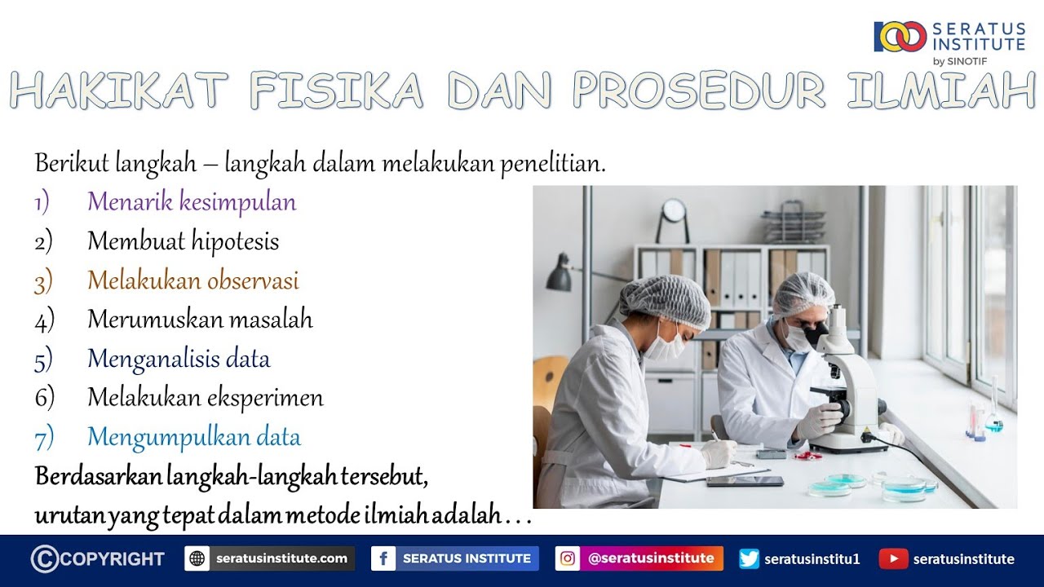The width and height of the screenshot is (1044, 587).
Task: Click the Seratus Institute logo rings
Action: click(x=900, y=37)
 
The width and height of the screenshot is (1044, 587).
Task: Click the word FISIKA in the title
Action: click(x=337, y=90)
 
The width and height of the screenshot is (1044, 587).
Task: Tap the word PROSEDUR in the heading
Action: click(x=698, y=90)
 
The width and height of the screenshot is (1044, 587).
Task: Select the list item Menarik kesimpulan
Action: click(x=192, y=202)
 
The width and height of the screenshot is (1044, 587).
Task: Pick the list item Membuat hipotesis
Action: click(x=184, y=241)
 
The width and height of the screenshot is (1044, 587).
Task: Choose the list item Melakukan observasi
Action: click(x=193, y=280)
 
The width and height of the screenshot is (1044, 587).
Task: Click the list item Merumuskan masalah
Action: click(x=200, y=320)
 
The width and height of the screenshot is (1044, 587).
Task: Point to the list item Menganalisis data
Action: click(x=179, y=360)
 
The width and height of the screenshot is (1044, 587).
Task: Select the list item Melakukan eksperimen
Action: click(x=206, y=399)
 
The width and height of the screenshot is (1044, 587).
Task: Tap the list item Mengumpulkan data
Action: click(x=194, y=438)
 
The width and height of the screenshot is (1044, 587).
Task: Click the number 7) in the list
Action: click(x=44, y=439)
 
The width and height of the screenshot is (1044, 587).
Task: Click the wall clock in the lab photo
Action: click(x=674, y=210)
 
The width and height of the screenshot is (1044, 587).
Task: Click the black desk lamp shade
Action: click(x=559, y=276)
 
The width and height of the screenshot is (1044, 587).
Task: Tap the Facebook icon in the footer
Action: click(x=383, y=558)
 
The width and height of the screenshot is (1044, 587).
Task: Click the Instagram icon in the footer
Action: click(x=567, y=558)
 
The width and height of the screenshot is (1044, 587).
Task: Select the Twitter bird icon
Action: click(x=749, y=558)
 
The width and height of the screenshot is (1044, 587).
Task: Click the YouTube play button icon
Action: click(x=893, y=559)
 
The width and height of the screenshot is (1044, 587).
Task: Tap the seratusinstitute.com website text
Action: click(x=281, y=558)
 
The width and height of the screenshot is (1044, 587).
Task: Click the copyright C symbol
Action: click(x=45, y=558)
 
